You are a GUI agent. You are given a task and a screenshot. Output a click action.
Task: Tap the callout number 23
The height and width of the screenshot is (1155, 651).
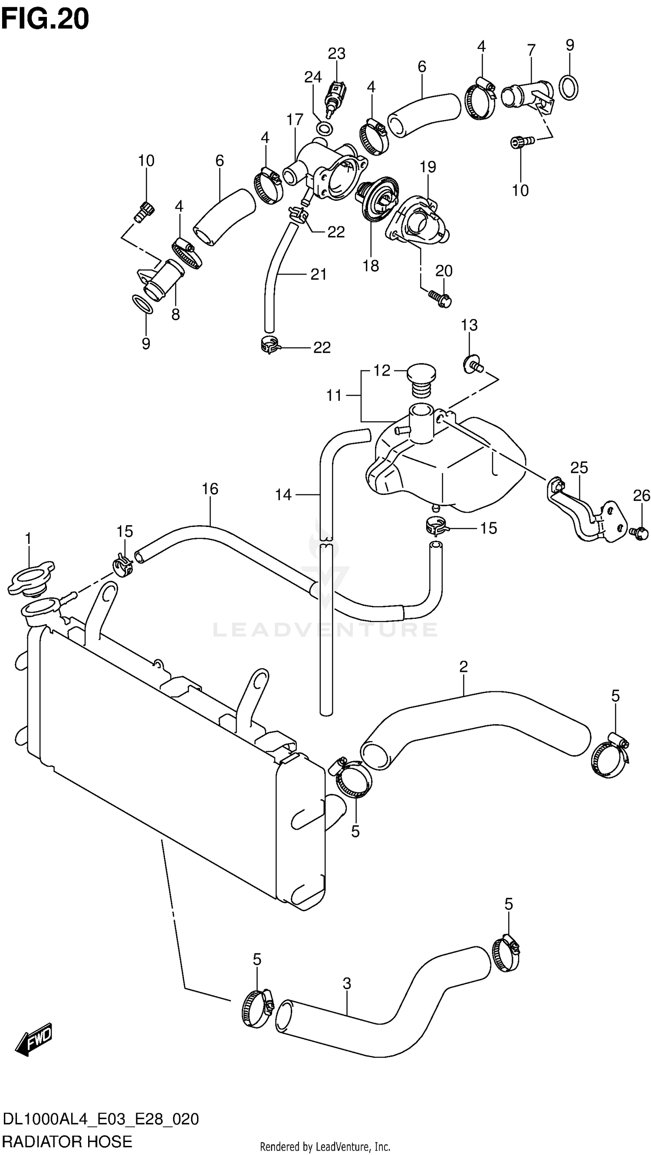[x=336, y=54]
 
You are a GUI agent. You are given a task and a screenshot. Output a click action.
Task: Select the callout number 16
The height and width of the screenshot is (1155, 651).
[x=210, y=489]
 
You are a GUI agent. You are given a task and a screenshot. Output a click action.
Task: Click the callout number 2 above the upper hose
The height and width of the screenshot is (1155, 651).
[x=464, y=667]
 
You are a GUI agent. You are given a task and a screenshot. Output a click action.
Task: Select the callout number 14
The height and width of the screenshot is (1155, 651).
[x=283, y=495]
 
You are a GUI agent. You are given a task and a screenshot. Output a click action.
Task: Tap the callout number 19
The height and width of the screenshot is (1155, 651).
[x=427, y=167]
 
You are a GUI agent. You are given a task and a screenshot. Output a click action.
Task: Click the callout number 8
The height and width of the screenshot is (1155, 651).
[x=175, y=314]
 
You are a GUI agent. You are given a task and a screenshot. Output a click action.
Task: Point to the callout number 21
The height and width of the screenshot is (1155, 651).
[x=319, y=274]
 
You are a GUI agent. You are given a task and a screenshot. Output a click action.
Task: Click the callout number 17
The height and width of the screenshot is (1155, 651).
[x=295, y=120]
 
